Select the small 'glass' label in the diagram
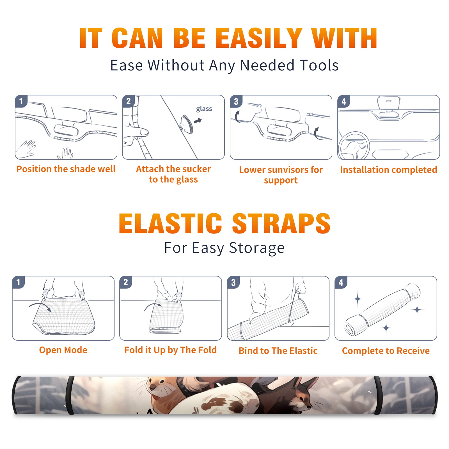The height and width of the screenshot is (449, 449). [204, 109]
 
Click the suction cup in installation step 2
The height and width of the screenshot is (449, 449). [186, 124]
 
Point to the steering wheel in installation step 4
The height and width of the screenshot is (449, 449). [354, 145]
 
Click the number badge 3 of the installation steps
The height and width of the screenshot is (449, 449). [236, 101]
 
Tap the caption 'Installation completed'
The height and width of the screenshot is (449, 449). [388, 170]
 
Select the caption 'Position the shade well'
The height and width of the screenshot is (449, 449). [66, 169]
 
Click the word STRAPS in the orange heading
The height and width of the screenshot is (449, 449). [281, 223]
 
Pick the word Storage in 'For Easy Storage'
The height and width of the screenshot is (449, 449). [257, 248]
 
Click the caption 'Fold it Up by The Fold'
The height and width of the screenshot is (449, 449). [171, 350]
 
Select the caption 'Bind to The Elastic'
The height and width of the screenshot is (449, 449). [278, 351]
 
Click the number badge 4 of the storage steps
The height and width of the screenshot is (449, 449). [341, 282]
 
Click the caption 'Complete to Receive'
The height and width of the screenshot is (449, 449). [386, 351]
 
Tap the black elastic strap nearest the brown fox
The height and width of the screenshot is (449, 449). [378, 395]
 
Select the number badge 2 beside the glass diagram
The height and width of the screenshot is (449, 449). [128, 101]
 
